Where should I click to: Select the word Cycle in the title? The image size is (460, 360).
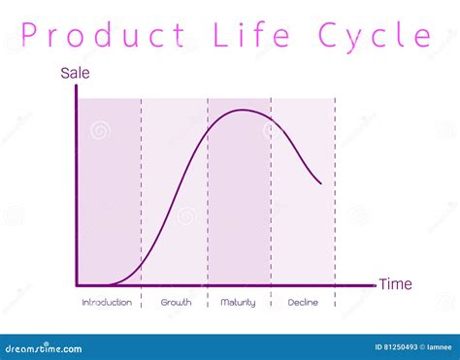(x=375, y=37)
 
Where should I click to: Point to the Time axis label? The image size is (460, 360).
(x=395, y=284)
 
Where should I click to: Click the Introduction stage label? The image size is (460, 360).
(x=107, y=303)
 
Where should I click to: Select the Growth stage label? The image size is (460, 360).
(x=175, y=303)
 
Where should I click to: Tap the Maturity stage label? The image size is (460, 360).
(x=238, y=303)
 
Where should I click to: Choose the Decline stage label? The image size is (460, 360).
(x=303, y=303)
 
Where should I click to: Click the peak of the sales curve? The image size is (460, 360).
(x=242, y=111)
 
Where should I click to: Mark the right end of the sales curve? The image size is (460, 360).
(x=321, y=182)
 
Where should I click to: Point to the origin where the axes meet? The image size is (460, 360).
(x=77, y=285)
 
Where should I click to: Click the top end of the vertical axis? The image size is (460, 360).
(x=77, y=88)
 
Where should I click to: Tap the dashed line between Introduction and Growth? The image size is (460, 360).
(x=141, y=194)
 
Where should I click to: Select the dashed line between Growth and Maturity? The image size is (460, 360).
(x=208, y=194)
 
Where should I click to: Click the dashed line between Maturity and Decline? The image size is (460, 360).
(x=271, y=194)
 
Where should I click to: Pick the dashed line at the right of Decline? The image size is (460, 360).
(x=335, y=194)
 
